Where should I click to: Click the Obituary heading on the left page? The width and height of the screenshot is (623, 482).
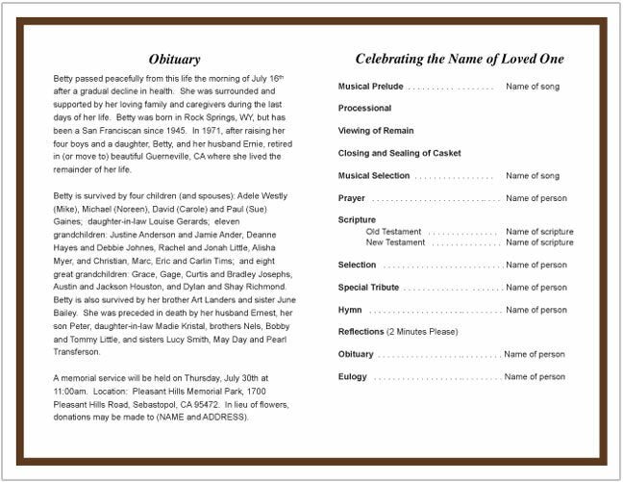(x=174, y=59)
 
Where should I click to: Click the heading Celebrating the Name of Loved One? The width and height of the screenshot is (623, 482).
(x=459, y=59)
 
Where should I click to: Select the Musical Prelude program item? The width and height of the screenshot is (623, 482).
(x=370, y=87)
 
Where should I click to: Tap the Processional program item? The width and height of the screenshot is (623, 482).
(x=364, y=109)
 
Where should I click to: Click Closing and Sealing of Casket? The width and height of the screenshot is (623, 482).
(x=399, y=153)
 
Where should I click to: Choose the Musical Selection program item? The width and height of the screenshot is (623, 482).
(x=374, y=176)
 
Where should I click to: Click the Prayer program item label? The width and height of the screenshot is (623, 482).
(x=351, y=198)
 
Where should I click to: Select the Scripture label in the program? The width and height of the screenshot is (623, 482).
(x=357, y=220)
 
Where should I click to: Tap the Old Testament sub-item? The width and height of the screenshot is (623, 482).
(x=394, y=232)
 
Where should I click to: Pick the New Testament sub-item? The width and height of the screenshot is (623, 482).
(x=396, y=242)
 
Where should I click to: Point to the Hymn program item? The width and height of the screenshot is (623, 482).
(x=350, y=310)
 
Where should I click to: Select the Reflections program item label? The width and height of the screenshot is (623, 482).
(x=361, y=332)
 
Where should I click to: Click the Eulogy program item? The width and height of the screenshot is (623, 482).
(x=353, y=377)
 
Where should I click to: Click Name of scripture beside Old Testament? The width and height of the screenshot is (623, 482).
(x=539, y=232)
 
